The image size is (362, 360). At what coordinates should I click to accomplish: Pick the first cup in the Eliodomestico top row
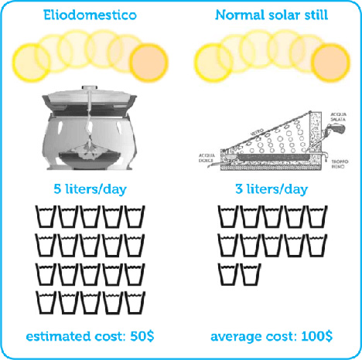coord(47,217)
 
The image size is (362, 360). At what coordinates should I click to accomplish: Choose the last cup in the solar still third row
coord(251,273)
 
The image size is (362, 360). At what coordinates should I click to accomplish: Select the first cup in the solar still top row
coord(229,217)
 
